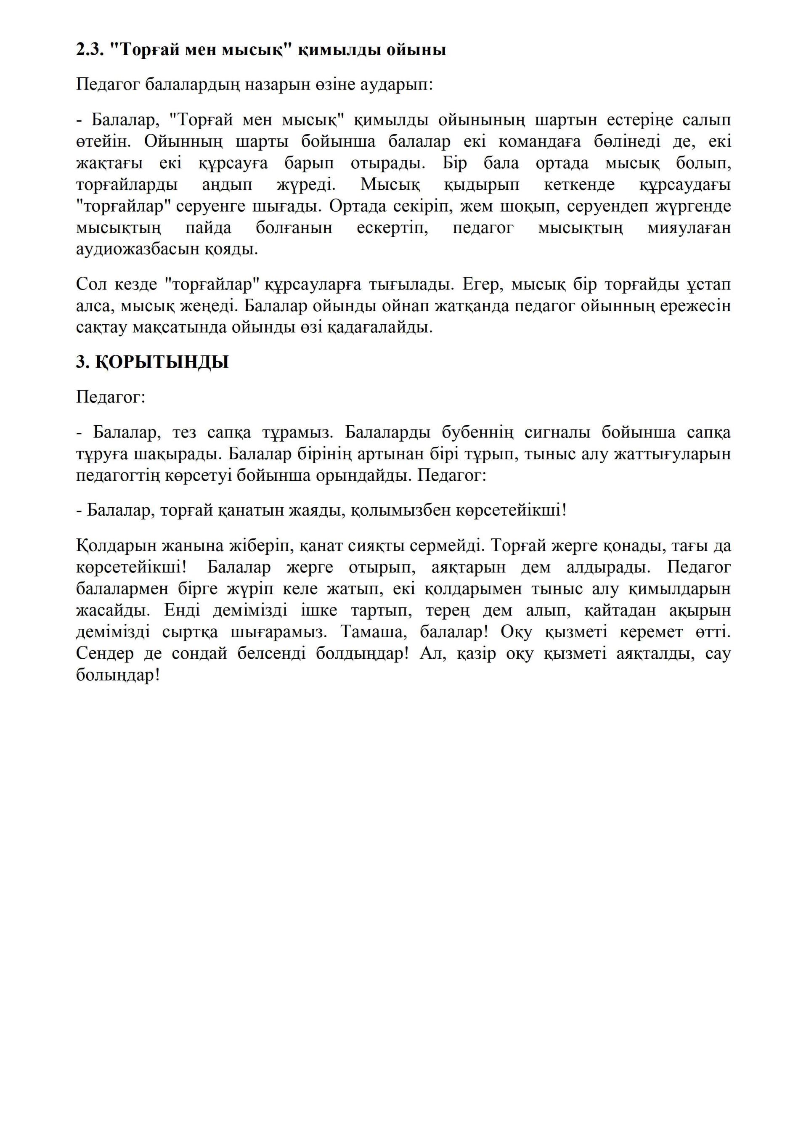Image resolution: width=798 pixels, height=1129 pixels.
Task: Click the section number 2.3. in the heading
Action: tap(88, 50)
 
